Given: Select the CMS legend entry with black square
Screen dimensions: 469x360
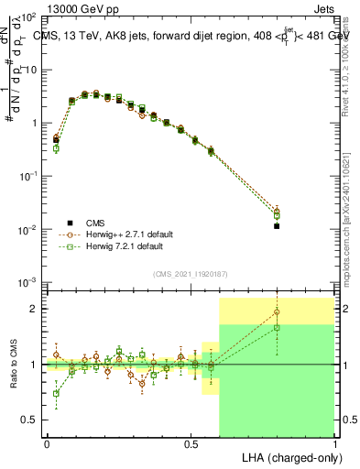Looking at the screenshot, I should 90,223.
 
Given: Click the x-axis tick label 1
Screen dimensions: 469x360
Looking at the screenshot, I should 335,442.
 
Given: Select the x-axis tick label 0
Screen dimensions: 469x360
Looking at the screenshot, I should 47,442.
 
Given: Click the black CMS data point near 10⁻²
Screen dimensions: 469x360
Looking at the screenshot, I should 277,225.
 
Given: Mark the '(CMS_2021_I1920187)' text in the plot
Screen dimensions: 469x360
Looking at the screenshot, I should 191,274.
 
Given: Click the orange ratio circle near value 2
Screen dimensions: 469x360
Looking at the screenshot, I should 277,312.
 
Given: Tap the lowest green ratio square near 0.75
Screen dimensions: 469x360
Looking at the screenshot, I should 56,394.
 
